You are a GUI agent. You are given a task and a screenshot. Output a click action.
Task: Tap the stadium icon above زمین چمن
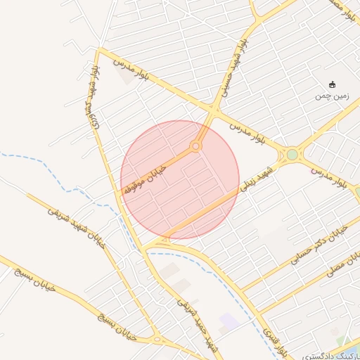(x=332, y=84)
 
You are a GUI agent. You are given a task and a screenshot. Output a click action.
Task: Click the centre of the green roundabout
(x=292, y=154)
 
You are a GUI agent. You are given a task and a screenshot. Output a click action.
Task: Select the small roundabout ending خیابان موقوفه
(x=195, y=146)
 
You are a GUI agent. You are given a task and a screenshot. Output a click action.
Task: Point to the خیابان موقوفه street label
(x=146, y=180)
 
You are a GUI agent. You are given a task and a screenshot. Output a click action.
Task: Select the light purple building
(x=229, y=322)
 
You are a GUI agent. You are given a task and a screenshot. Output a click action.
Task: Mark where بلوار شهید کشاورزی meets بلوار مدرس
(x=99, y=50)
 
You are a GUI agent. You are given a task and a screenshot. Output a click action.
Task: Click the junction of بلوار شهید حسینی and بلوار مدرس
(x=214, y=110)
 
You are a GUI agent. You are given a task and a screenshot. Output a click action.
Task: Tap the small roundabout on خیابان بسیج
(x=155, y=339)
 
